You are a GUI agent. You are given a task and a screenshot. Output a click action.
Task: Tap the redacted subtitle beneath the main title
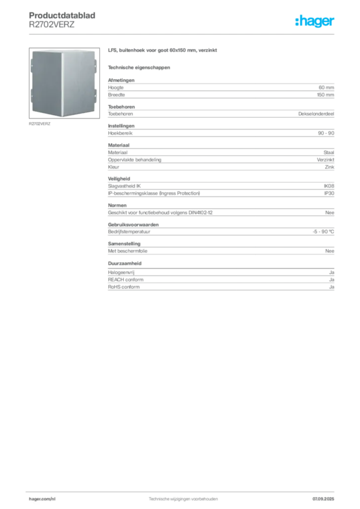coord(140,67)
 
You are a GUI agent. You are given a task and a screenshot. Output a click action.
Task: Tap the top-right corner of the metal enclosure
coord(95,50)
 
